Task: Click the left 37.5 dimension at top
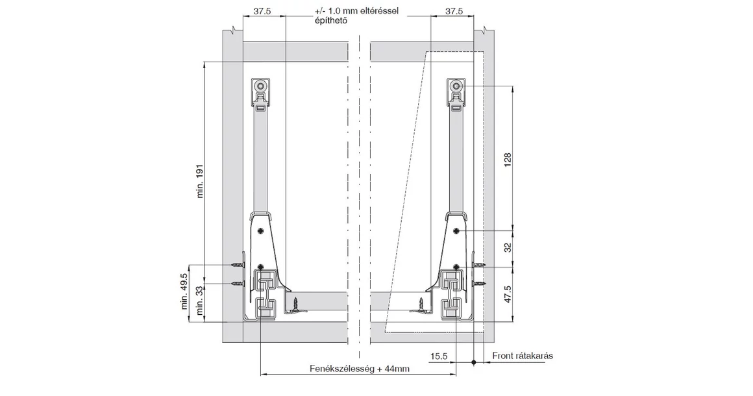point(262,11)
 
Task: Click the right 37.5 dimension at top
point(454,11)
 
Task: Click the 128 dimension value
point(508,160)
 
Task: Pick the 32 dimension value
point(508,247)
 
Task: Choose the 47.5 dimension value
point(508,294)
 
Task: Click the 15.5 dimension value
point(439,356)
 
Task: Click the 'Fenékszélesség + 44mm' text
point(359,369)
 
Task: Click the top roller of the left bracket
point(260,86)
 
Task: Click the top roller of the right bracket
point(457,86)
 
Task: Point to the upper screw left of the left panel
point(237,265)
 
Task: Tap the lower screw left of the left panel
point(237,284)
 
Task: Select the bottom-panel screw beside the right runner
point(421,303)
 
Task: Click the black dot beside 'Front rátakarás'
point(475,362)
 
